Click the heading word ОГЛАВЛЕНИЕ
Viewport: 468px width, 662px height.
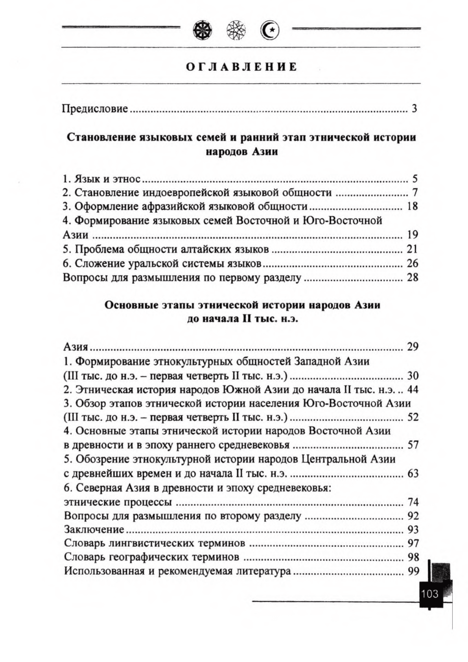tap(241, 67)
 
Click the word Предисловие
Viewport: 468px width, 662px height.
tap(95, 108)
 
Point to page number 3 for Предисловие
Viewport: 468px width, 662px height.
tap(414, 108)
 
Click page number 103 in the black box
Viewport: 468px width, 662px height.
tap(429, 593)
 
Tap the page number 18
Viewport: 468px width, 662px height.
tap(412, 206)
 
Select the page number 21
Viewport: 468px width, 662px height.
tap(412, 249)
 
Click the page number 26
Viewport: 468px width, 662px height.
tap(412, 263)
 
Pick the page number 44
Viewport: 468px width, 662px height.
tap(413, 390)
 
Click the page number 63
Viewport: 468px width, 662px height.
tap(413, 473)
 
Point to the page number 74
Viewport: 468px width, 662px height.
tap(413, 502)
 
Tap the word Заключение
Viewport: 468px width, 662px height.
tap(94, 530)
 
